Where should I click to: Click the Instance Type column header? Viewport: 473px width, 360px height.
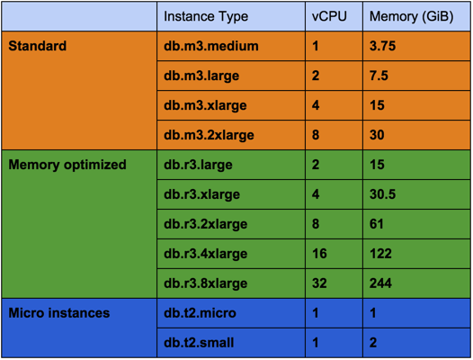(x=206, y=16)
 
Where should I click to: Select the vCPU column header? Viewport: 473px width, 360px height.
(x=329, y=16)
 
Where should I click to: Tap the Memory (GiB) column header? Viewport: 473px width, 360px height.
(x=412, y=16)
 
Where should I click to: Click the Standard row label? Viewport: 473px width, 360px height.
(x=38, y=46)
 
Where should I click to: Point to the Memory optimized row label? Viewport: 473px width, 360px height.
(x=67, y=165)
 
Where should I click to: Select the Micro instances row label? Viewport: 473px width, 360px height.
(x=59, y=313)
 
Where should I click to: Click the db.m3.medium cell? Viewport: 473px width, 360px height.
(x=211, y=46)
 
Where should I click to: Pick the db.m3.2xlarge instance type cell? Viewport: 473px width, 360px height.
(x=209, y=135)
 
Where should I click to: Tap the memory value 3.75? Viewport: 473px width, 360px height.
(x=382, y=46)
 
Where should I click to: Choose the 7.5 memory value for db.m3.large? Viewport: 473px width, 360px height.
(x=379, y=76)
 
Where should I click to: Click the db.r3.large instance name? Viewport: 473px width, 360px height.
(x=198, y=165)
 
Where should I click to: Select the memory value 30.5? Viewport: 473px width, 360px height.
(x=382, y=194)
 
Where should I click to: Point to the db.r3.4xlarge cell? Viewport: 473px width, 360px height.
(x=205, y=254)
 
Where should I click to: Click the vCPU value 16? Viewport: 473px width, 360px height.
(x=319, y=254)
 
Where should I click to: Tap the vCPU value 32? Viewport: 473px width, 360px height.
(x=319, y=283)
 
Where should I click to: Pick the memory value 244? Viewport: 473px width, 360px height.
(x=380, y=283)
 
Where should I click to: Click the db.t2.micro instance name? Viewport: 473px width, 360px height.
(x=200, y=313)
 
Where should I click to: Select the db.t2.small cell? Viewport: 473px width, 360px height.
(x=199, y=343)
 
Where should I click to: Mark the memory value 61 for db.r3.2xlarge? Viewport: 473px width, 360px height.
(x=377, y=224)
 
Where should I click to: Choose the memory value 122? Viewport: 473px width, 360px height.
(x=380, y=254)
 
